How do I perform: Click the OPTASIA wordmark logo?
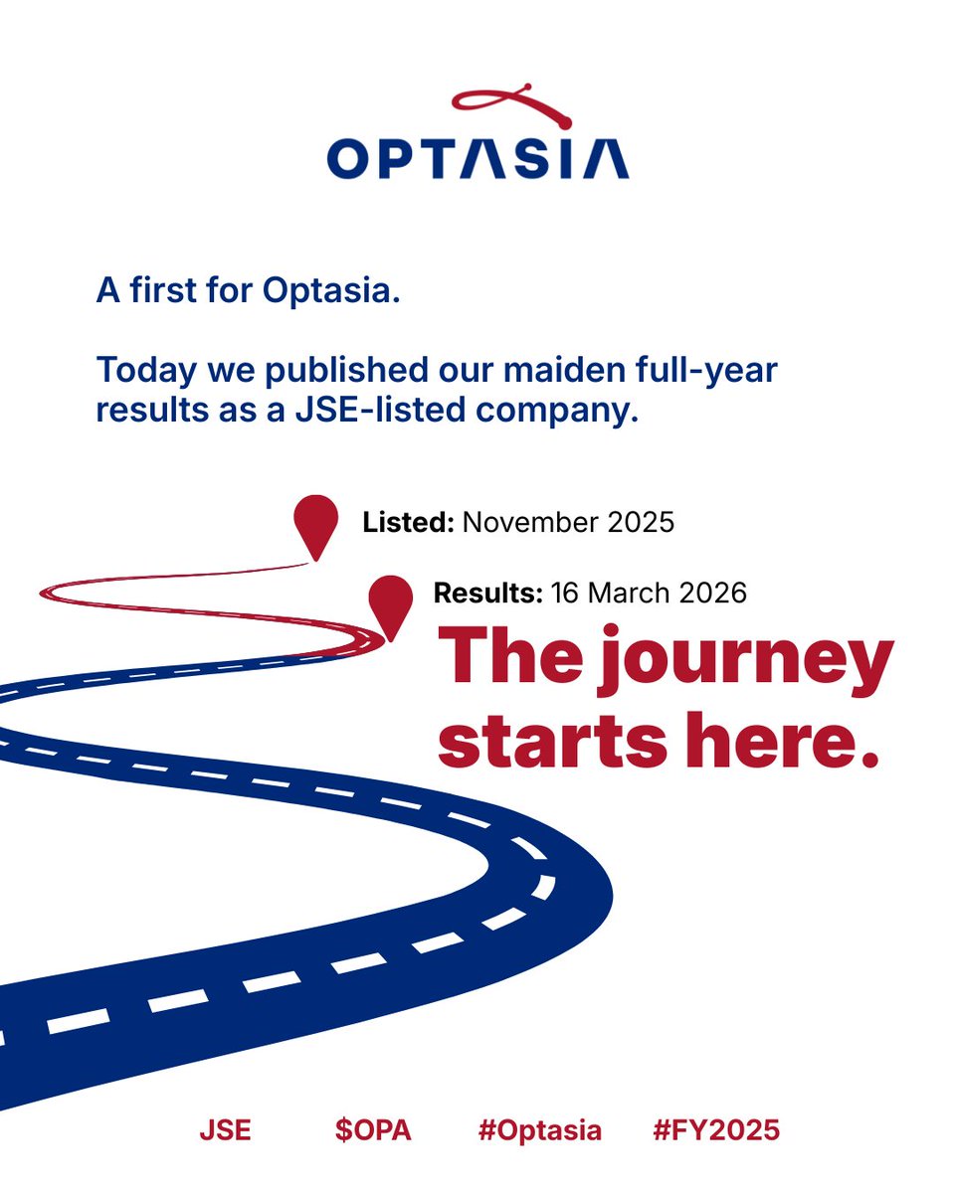click(x=477, y=158)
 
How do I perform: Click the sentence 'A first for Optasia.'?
click(x=248, y=292)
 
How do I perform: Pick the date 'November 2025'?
click(x=569, y=522)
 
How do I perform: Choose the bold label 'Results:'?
click(x=487, y=594)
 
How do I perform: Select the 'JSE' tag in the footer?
click(x=225, y=1130)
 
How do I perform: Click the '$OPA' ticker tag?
click(x=372, y=1130)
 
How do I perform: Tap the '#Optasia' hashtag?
click(x=539, y=1130)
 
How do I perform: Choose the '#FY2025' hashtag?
click(x=716, y=1130)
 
